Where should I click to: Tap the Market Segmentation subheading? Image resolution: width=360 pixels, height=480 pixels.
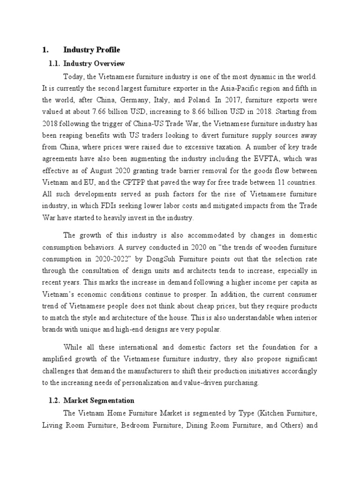[x=99, y=400]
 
